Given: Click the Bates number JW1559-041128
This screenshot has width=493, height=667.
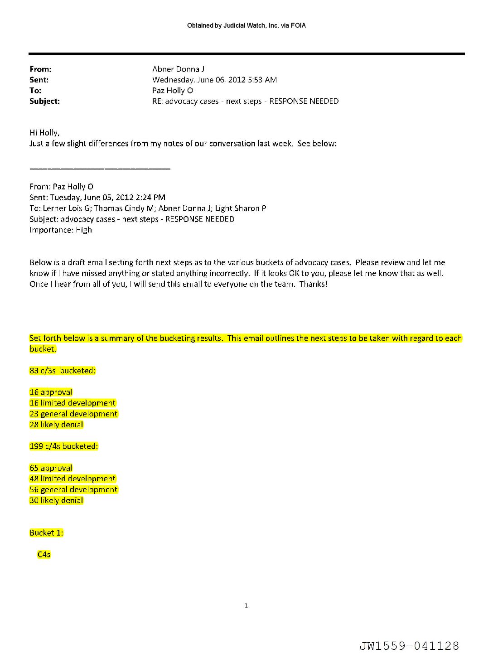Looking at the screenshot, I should tap(409, 646).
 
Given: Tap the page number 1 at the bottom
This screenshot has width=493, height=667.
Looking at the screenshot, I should tap(246, 605).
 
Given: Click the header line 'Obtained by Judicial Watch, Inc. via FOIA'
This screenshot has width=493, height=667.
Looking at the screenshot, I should tap(246, 26).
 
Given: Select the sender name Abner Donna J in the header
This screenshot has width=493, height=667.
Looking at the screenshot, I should tap(178, 69).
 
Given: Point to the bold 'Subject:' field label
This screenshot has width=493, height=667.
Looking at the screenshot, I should tap(44, 101).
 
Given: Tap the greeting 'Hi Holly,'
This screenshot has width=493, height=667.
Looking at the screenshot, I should tap(44, 133).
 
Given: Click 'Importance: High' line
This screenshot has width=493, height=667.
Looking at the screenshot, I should tap(61, 230).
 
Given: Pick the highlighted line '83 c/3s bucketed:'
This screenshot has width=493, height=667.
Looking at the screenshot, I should tap(63, 371).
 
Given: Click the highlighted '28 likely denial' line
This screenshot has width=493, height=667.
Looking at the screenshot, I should tap(57, 425).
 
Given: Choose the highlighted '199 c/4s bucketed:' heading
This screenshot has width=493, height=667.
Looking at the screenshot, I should tap(64, 446).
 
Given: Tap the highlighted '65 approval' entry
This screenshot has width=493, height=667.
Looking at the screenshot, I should tap(51, 468).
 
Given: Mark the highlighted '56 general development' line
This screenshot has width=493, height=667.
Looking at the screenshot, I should tap(73, 490).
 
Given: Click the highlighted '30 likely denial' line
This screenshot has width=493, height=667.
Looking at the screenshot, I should tap(57, 501).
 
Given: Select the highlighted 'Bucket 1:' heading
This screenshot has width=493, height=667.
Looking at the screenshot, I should tap(46, 533).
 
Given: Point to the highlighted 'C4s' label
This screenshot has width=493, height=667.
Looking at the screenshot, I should tap(44, 555).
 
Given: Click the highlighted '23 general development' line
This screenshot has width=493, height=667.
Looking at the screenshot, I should tap(73, 414).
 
